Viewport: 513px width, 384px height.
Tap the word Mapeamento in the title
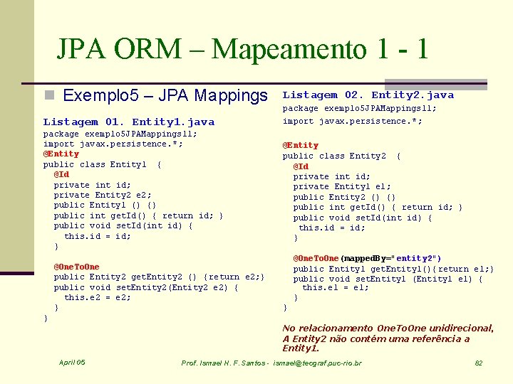point(290,49)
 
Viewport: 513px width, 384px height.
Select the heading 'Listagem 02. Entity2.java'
point(368,95)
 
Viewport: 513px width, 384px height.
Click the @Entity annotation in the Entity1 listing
point(61,154)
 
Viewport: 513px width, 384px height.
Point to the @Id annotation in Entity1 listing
point(61,174)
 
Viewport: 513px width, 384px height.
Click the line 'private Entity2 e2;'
point(103,195)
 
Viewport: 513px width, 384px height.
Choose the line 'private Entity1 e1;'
point(342,186)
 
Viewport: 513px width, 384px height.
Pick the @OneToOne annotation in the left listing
point(77,267)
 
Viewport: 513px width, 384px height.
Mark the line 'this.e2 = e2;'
point(98,298)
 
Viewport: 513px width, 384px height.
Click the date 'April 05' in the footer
point(72,363)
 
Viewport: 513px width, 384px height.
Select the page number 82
point(479,363)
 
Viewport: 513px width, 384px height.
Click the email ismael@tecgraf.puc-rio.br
point(318,363)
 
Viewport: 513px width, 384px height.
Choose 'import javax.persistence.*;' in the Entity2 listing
point(352,121)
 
